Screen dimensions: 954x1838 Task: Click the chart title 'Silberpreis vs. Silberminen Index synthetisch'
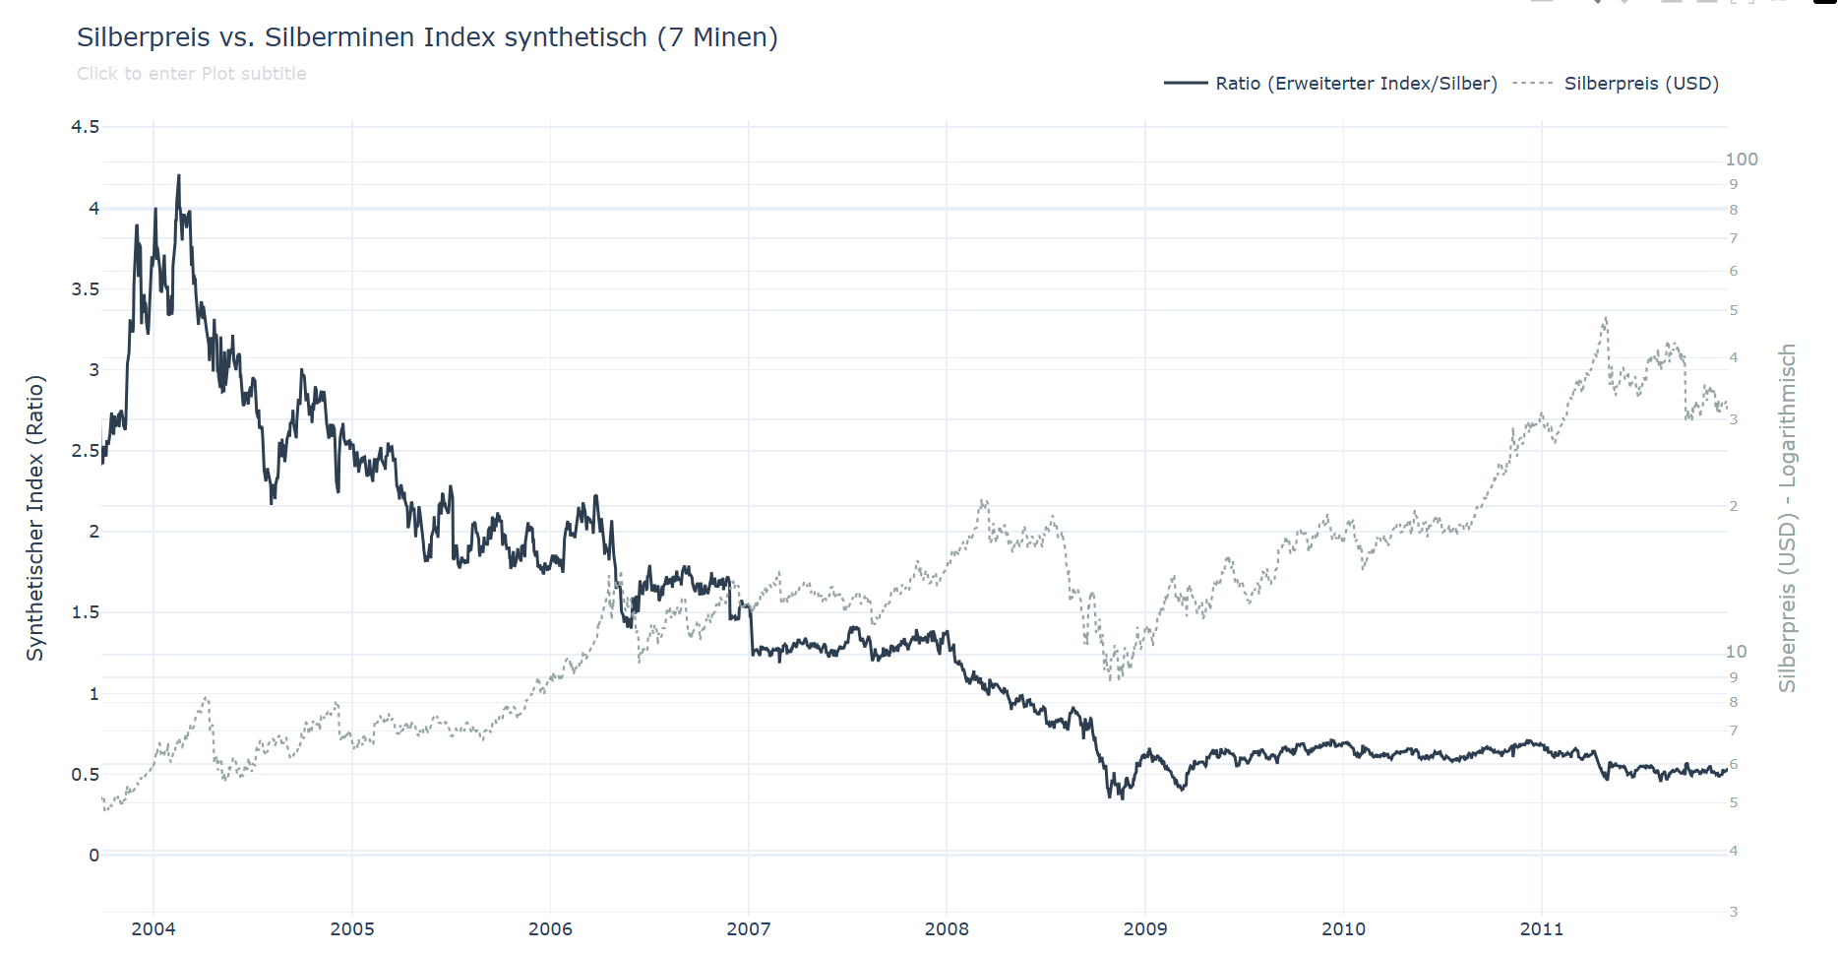[x=427, y=37]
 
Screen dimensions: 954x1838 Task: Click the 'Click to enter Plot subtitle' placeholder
[x=192, y=74]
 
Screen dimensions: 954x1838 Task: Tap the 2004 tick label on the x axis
[x=153, y=928]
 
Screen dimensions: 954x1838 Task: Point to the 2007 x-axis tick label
[x=749, y=928]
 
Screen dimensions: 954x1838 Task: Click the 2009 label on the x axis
[x=1145, y=928]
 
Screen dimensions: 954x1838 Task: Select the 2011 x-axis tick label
[x=1542, y=928]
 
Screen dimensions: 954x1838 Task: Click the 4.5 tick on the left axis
[x=86, y=127]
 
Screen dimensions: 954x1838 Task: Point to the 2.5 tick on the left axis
[x=86, y=451]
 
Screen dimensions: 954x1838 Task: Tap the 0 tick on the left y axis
[x=94, y=856]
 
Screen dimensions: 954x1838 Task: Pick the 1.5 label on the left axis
[x=86, y=612]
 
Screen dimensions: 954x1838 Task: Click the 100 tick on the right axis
[x=1742, y=159]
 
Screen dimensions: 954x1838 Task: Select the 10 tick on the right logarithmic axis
[x=1737, y=652]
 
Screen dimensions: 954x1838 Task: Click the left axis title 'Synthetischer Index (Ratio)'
[x=35, y=518]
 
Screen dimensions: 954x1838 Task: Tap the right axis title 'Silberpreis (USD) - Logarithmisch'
[x=1787, y=518]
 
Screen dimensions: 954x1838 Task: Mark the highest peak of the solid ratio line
[x=178, y=176]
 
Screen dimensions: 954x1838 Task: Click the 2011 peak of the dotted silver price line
[x=1606, y=318]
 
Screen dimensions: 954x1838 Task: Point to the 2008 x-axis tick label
[x=947, y=928]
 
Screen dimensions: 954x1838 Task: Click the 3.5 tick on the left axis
[x=86, y=289]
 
